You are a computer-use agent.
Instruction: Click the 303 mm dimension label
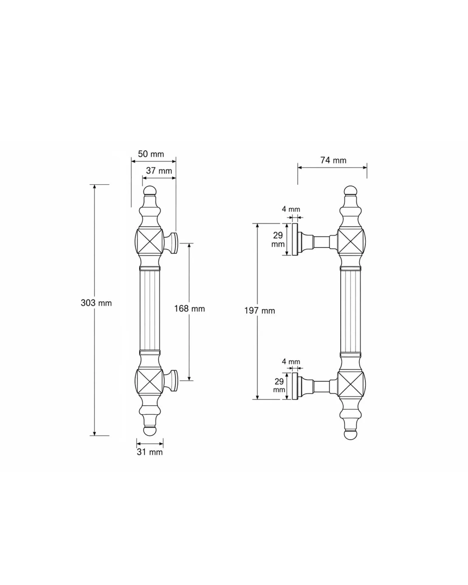pos(96,303)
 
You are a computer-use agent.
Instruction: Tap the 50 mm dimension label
pos(151,154)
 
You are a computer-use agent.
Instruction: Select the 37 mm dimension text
pos(159,170)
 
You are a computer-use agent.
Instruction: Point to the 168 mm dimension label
pos(189,309)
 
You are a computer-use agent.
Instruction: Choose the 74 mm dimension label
pos(333,160)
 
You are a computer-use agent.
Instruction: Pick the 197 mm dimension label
pos(260,311)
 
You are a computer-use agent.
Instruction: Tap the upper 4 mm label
pos(291,209)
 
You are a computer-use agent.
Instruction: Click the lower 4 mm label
pos(291,362)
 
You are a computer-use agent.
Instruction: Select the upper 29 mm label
pos(278,239)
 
